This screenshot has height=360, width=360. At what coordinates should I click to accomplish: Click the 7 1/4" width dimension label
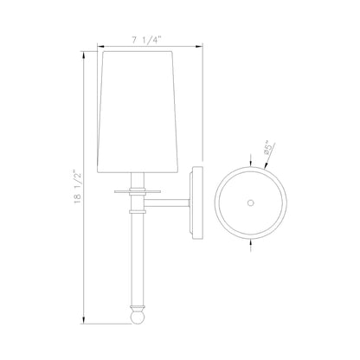click(146, 41)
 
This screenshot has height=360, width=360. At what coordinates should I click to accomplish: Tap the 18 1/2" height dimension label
click(78, 188)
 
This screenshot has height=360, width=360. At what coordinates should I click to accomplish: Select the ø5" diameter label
click(267, 148)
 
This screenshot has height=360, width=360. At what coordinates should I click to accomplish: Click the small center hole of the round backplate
click(251, 202)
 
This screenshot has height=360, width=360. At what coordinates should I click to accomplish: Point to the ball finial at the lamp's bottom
click(138, 317)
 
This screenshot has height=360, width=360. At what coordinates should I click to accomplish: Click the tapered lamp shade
click(138, 112)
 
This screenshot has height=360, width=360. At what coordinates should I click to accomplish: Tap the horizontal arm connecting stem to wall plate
click(167, 203)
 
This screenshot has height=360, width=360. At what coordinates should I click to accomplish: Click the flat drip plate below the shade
click(138, 191)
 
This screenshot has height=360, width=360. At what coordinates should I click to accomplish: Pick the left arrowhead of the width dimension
click(100, 46)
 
